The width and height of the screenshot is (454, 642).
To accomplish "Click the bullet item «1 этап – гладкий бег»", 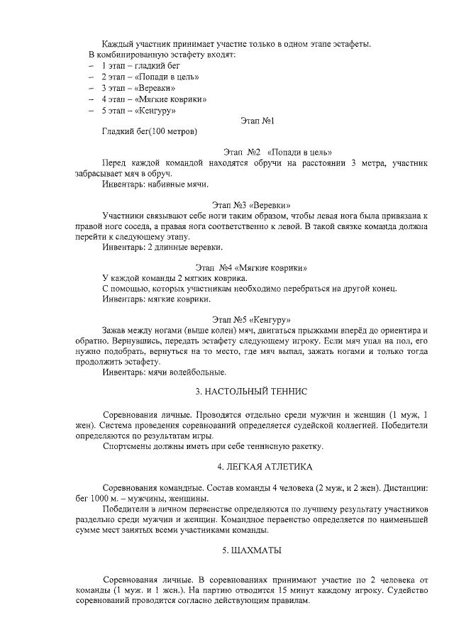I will pyautogui.click(x=135, y=65).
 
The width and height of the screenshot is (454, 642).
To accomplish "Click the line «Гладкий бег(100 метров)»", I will pyautogui.click(x=150, y=131).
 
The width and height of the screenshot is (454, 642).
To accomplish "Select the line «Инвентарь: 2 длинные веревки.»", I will pyautogui.click(x=162, y=247).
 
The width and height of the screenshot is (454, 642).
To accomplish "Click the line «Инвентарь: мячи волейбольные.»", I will pyautogui.click(x=165, y=372).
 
